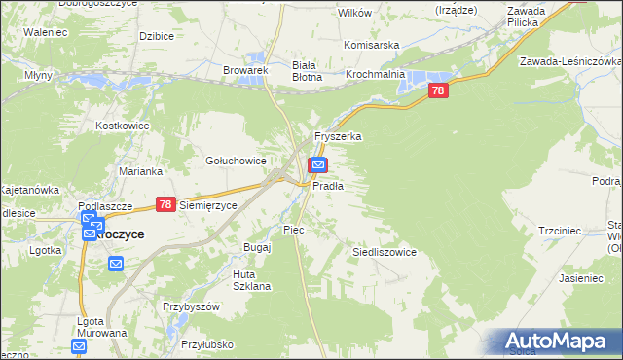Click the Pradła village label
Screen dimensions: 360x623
[328, 185]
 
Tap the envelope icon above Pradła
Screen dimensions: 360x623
[318, 165]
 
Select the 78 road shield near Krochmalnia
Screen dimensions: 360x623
[439, 90]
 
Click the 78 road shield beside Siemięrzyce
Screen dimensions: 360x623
[165, 205]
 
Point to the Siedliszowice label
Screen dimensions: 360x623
[384, 252]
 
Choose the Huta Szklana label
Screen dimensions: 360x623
[250, 280]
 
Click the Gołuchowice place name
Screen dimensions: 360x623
[236, 161]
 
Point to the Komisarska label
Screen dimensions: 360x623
[373, 45]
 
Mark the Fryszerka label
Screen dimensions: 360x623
[338, 137]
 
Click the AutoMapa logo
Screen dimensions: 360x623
[556, 341]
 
